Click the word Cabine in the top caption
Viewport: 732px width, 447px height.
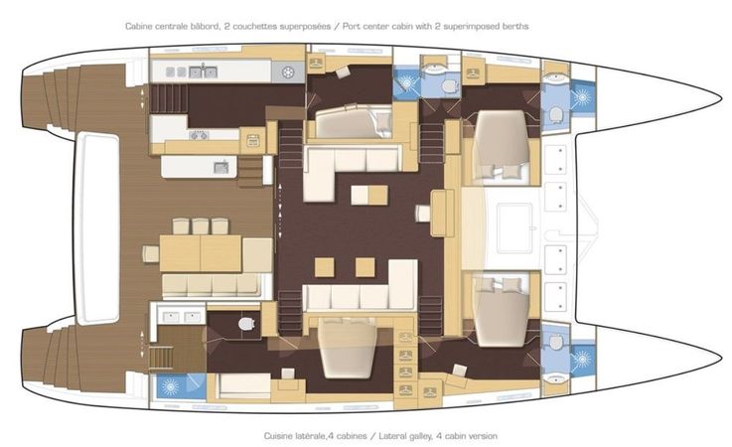[x=138, y=26]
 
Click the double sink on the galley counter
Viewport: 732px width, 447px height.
[x=203, y=72]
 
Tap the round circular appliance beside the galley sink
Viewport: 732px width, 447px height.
[x=288, y=73]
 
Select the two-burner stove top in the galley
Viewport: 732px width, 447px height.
[x=199, y=135]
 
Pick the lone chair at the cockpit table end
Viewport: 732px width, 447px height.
[x=151, y=253]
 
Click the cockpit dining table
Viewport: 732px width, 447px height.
[x=201, y=253]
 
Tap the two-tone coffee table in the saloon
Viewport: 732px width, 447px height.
[x=369, y=195]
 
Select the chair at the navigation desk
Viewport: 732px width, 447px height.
[x=423, y=214]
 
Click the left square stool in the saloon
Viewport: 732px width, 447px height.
[x=325, y=267]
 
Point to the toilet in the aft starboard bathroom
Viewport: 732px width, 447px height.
[x=246, y=323]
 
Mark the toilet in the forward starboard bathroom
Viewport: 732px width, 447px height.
[x=555, y=342]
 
